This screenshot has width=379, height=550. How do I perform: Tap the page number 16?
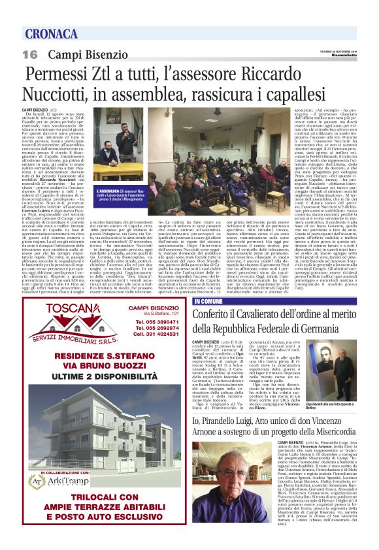30,54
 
